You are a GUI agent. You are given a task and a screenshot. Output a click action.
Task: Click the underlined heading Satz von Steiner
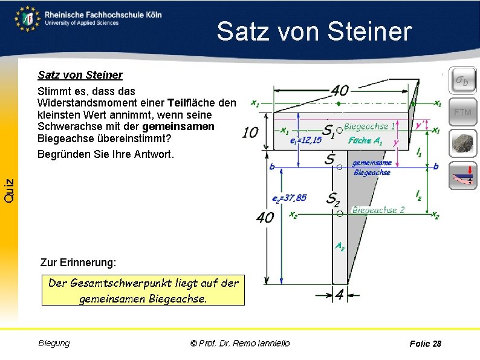point(80,75)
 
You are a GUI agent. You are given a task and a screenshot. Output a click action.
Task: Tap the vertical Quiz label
point(8,191)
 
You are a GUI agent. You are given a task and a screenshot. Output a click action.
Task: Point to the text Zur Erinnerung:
point(77,263)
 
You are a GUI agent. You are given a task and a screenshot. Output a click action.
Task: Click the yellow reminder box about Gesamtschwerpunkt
point(143,290)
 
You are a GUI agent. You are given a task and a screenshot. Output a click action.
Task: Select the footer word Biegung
point(54,343)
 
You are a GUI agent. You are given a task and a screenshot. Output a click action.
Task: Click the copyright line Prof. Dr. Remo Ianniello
point(240,343)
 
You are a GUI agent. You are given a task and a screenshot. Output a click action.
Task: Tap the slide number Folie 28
point(425,344)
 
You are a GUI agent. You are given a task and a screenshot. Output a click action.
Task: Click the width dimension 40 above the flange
point(339,90)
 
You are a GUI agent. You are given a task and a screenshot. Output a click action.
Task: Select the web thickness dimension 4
point(339,295)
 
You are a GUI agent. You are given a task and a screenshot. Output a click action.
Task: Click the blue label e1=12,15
point(306,141)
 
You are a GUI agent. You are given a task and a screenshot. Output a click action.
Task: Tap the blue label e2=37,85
point(290,197)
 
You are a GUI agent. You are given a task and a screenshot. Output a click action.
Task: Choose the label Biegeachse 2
point(378,210)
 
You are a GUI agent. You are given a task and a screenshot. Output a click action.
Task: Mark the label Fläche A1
point(365,140)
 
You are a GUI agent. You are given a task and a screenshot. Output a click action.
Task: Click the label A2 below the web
point(340,247)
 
